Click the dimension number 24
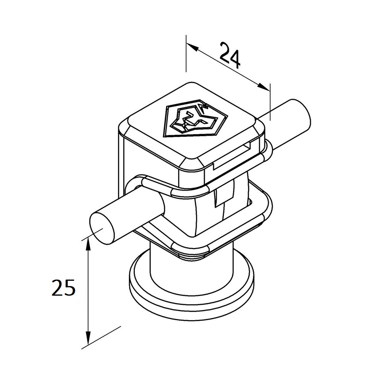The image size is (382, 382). [229, 55]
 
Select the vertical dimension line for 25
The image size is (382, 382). [89, 290]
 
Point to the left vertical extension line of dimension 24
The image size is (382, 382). [186, 53]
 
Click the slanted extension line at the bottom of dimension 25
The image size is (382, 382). [102, 337]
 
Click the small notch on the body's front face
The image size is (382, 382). [220, 199]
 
